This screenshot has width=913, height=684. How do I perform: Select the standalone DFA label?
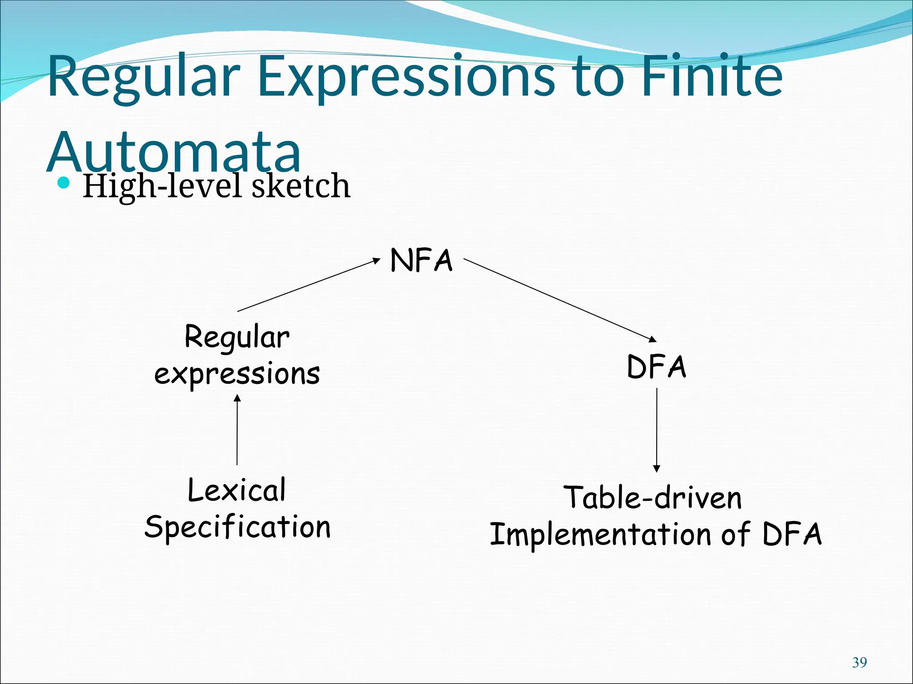[656, 367]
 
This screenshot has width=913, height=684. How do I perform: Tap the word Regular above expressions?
[237, 338]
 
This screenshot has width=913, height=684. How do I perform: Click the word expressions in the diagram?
[237, 374]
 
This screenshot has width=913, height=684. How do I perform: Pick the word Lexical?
[237, 490]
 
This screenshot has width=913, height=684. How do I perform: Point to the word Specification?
[238, 527]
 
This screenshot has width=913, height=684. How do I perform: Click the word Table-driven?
[653, 498]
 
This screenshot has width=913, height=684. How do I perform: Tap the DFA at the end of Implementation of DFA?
[792, 534]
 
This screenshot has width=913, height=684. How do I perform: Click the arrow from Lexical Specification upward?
[237, 430]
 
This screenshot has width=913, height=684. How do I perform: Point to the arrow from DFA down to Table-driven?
[656, 430]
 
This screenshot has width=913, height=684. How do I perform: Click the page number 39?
[860, 663]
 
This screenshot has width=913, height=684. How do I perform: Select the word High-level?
[164, 187]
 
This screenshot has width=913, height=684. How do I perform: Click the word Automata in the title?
[174, 151]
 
